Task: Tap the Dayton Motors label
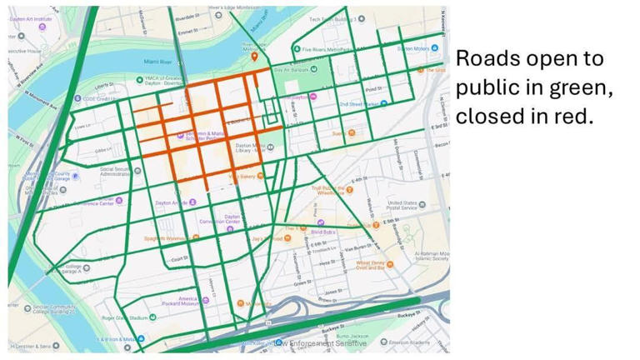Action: (x=417, y=48)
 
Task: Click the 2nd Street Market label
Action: (x=357, y=104)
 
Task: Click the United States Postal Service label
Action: (x=407, y=205)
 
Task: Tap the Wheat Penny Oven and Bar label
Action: (x=374, y=265)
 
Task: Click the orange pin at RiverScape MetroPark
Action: (x=255, y=56)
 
